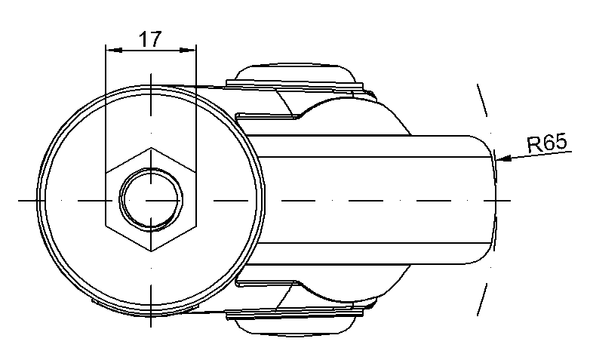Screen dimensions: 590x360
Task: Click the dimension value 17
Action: (x=150, y=38)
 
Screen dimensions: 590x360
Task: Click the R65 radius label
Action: (x=547, y=143)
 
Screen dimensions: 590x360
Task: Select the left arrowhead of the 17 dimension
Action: (x=114, y=50)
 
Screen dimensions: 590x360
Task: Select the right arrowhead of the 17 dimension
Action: (x=187, y=50)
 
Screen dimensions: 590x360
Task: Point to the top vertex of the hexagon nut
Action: (x=151, y=148)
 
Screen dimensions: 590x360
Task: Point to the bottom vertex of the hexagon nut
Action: (x=151, y=251)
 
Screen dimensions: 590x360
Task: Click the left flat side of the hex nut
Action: (x=106, y=199)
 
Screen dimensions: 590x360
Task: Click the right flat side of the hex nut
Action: (x=196, y=199)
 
